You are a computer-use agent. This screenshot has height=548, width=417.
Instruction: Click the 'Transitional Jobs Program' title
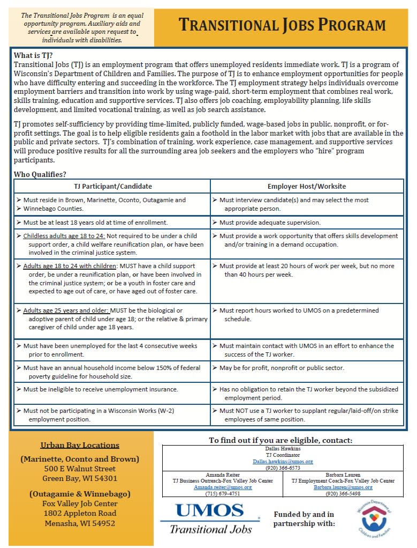click(x=282, y=25)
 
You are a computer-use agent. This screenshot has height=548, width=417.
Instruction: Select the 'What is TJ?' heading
click(x=33, y=55)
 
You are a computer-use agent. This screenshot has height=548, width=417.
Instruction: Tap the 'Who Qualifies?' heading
click(x=40, y=174)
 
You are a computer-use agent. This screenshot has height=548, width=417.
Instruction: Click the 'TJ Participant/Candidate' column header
click(x=113, y=186)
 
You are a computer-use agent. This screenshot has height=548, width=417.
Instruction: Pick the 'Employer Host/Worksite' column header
click(x=307, y=186)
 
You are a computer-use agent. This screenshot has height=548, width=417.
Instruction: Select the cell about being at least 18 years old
click(x=95, y=222)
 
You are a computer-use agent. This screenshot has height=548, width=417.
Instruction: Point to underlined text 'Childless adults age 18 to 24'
click(x=64, y=236)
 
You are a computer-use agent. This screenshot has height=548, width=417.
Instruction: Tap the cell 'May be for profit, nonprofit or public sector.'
click(x=282, y=367)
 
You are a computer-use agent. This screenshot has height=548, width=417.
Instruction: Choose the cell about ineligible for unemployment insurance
click(x=101, y=389)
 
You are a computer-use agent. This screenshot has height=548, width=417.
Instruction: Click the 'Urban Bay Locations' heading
click(x=80, y=445)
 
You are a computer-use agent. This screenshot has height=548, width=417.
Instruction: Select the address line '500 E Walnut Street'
click(x=80, y=469)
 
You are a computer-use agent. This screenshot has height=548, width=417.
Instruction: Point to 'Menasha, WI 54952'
click(x=80, y=523)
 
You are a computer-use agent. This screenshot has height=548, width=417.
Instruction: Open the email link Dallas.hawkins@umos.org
click(x=283, y=461)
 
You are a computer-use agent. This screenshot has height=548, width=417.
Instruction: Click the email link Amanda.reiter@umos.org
click(x=222, y=487)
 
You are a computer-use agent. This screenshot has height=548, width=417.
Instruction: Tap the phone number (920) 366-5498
click(x=343, y=493)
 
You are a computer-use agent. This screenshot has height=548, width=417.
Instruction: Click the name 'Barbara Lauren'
click(x=343, y=475)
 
